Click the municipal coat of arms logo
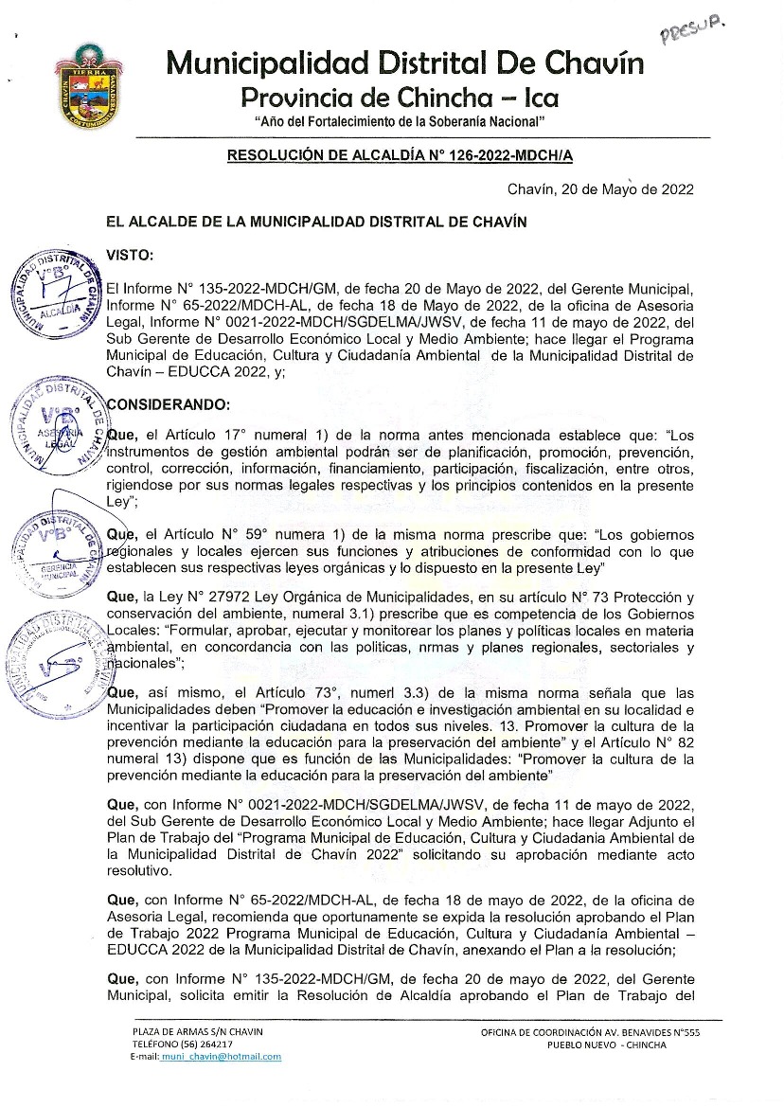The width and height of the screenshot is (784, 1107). click(x=89, y=86)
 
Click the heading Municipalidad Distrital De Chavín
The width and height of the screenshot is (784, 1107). click(x=404, y=63)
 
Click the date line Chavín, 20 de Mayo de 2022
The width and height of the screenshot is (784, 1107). click(x=600, y=188)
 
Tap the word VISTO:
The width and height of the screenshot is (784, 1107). click(x=130, y=256)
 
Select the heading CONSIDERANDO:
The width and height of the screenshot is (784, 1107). click(x=168, y=403)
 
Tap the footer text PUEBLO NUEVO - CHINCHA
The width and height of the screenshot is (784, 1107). click(x=606, y=1045)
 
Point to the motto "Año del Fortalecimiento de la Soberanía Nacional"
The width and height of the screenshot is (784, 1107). click(x=401, y=123)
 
